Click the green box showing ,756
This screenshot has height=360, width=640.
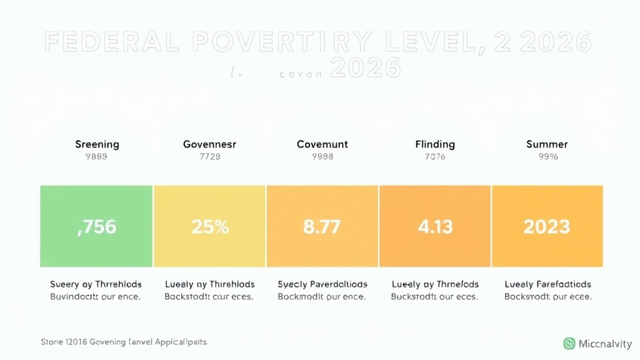(x=96, y=226)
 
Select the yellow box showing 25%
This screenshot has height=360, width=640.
(x=209, y=226)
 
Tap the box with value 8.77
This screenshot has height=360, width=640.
(x=322, y=226)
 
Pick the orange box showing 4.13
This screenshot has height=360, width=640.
(x=434, y=226)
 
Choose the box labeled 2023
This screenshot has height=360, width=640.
(x=547, y=226)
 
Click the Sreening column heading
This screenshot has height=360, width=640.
(x=96, y=144)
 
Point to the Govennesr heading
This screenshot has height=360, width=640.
(x=209, y=144)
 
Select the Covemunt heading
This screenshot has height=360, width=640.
(x=322, y=144)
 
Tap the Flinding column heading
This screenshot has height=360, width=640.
(x=435, y=144)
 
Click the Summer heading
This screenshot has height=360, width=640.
(x=547, y=144)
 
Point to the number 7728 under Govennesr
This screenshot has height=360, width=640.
(x=209, y=157)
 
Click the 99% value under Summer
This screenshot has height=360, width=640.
(x=547, y=157)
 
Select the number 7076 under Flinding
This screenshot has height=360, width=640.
(x=435, y=157)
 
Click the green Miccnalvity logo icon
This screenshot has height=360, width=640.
(x=569, y=343)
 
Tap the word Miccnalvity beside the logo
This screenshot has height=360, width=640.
(x=604, y=343)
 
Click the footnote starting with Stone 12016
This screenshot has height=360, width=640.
(x=124, y=342)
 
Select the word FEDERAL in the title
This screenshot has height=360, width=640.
(x=111, y=42)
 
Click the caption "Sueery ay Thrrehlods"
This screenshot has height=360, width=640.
(x=96, y=284)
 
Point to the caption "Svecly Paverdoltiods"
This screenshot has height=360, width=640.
(x=322, y=284)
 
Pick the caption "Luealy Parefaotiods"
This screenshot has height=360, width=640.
(x=547, y=284)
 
